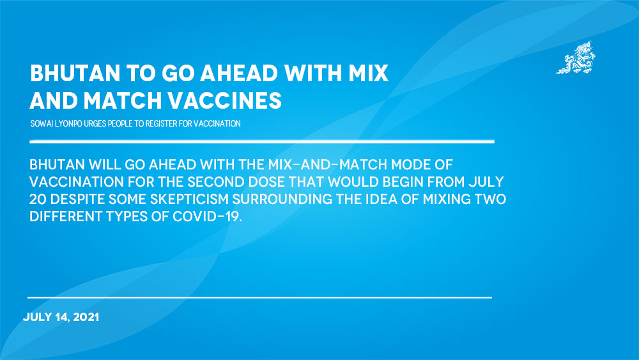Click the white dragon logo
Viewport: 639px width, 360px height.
(576, 58)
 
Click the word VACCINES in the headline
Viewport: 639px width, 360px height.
(224, 100)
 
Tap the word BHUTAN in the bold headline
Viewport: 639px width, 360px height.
(75, 74)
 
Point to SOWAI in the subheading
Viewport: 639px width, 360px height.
(42, 123)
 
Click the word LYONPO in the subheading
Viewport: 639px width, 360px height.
(68, 123)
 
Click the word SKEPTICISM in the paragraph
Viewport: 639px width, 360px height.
(190, 199)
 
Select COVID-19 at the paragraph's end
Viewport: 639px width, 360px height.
(208, 217)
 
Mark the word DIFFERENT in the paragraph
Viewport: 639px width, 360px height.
(66, 217)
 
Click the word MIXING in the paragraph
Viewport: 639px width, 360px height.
(447, 199)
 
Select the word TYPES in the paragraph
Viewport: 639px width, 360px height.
(127, 217)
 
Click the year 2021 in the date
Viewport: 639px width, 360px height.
(86, 317)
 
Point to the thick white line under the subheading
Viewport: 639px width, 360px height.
(262, 141)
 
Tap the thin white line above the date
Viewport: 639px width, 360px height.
(259, 297)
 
